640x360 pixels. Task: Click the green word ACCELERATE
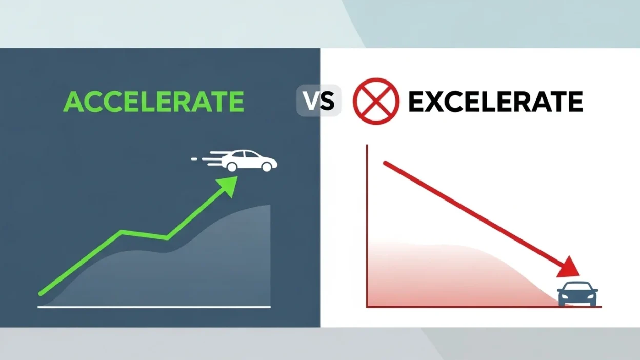tap(153, 102)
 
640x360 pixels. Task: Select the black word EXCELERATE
tap(495, 102)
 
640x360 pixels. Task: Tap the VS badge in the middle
tap(319, 101)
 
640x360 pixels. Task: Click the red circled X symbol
tap(376, 101)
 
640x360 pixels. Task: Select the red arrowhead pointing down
tap(570, 268)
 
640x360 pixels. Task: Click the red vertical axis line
tap(367, 226)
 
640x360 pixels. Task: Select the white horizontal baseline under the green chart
tap(154, 307)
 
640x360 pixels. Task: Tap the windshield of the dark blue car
tap(577, 288)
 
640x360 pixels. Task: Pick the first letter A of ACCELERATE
tap(73, 102)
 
